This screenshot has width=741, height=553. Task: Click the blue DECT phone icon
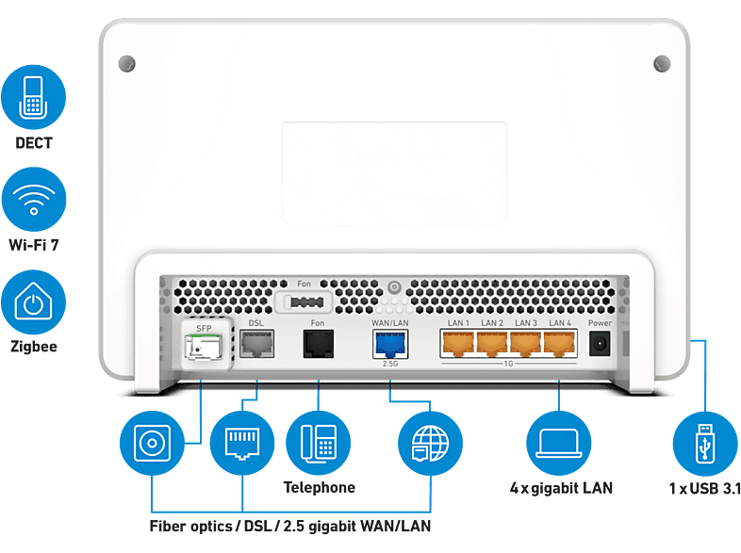click(33, 97)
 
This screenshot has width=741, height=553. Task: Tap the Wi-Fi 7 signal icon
click(34, 200)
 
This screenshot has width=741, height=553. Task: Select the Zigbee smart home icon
click(33, 302)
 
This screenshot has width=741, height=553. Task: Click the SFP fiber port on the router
click(205, 347)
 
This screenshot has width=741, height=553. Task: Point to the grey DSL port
click(256, 344)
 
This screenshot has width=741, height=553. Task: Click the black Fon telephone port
click(318, 344)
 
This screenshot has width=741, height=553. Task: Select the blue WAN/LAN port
click(390, 344)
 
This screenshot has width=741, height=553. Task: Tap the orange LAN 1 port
click(457, 343)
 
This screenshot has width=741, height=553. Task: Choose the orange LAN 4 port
click(560, 343)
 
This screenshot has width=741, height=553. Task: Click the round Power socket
click(600, 343)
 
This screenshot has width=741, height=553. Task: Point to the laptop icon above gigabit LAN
click(559, 443)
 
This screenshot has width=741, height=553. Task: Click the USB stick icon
click(705, 444)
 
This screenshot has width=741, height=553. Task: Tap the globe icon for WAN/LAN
click(430, 443)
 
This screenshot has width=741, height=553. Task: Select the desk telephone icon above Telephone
click(319, 443)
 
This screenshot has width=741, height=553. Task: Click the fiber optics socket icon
click(152, 443)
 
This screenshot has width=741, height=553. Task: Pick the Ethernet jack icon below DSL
click(242, 443)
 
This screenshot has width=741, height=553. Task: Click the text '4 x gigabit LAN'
click(561, 488)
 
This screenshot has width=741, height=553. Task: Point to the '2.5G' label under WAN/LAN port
click(390, 364)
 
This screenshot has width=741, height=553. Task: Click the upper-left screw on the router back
click(126, 64)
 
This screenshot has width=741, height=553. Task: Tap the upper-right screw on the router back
click(662, 64)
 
